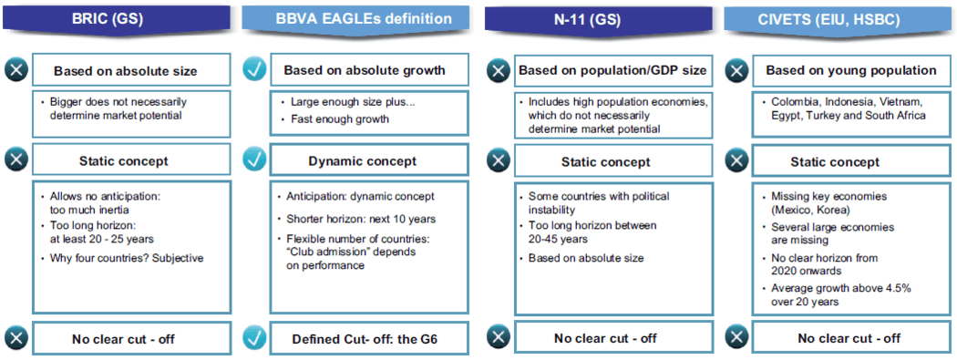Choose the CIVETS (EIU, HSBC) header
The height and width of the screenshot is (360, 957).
click(838, 19)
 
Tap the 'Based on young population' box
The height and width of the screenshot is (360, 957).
click(850, 69)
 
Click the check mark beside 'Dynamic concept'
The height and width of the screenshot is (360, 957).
click(254, 160)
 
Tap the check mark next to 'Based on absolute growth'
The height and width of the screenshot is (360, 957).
click(254, 70)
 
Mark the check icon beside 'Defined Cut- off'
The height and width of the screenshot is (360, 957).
click(254, 337)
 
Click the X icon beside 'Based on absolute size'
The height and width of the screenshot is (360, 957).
click(17, 71)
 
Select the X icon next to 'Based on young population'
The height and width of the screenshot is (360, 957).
click(736, 71)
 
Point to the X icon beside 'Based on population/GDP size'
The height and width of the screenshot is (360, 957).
click(499, 71)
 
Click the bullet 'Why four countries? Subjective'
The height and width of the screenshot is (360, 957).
click(124, 258)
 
